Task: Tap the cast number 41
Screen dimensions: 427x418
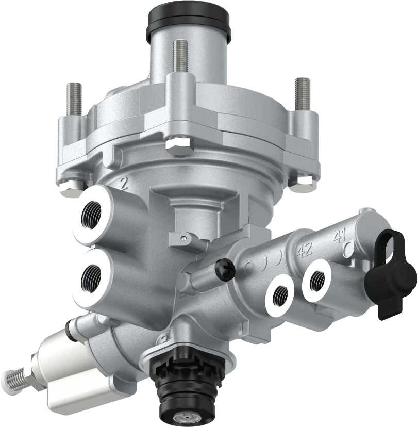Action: [339, 237]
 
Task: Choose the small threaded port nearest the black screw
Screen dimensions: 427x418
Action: [280, 293]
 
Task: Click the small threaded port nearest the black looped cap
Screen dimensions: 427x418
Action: [316, 281]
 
